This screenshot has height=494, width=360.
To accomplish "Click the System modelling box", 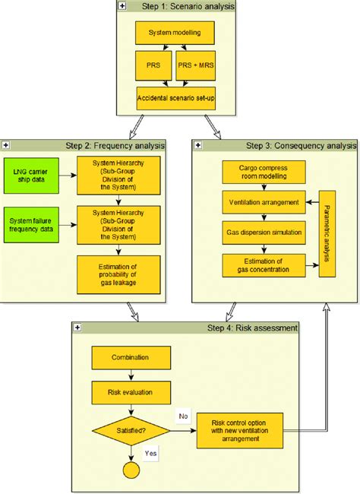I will click(180, 33).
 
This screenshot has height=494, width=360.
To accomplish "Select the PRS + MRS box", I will click(200, 66).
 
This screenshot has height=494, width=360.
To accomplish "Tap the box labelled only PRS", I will click(153, 66).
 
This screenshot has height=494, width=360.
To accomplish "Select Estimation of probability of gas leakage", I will click(118, 273).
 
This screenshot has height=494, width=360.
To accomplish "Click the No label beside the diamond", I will click(182, 416).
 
